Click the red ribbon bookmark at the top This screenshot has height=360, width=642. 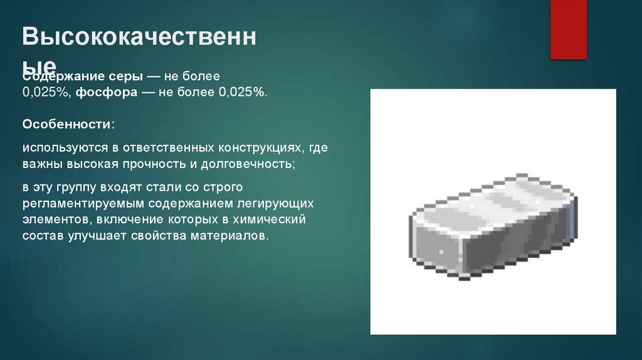click(568, 28)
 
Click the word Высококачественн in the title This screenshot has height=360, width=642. click(139, 39)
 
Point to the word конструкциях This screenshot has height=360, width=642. click(261, 149)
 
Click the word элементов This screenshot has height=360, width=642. click(53, 220)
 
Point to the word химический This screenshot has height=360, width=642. click(274, 220)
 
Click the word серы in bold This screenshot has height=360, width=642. click(124, 77)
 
